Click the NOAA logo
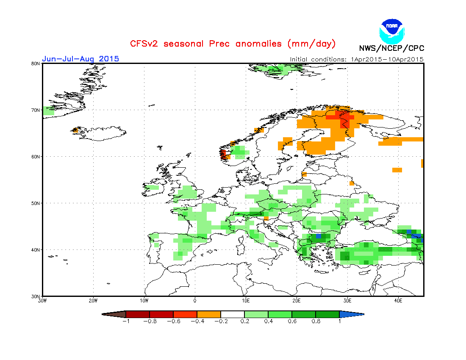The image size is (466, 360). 392,30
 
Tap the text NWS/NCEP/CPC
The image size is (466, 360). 391,48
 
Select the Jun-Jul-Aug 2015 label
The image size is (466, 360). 80,58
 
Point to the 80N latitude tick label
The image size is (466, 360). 36,64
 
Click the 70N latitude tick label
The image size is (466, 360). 36,110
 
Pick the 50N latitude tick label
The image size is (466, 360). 36,203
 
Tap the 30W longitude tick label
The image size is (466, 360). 42,301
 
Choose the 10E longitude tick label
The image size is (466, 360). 246,301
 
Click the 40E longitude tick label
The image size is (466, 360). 398,301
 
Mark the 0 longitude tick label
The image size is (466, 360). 195,301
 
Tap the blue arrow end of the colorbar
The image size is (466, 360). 351,314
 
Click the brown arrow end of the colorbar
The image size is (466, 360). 115,314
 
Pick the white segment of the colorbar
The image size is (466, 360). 233,314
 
